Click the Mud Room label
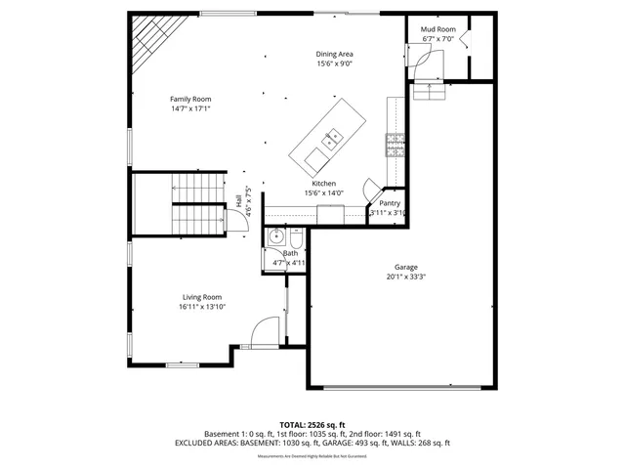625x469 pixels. click(437, 29)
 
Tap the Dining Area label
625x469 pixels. click(334, 54)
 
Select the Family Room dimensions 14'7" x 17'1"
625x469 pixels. click(190, 108)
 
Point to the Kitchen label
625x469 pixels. click(324, 184)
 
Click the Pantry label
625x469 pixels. click(390, 203)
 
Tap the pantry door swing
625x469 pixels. click(372, 188)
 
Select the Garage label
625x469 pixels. click(406, 267)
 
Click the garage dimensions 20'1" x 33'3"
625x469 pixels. click(406, 277)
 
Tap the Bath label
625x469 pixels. click(290, 254)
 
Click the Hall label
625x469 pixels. click(238, 200)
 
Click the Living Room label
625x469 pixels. click(202, 297)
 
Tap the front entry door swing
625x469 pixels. click(262, 334)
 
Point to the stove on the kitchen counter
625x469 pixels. click(396, 146)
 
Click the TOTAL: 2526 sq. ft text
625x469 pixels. click(312, 424)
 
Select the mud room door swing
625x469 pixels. click(426, 63)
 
